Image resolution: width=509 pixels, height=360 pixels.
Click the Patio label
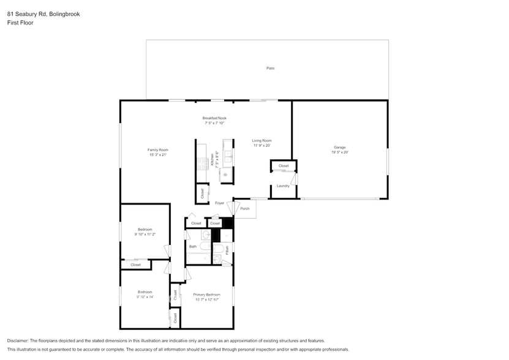click(x=270, y=68)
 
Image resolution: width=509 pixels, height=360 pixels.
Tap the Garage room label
click(x=339, y=147)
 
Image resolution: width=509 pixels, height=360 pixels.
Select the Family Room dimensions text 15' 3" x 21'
click(x=157, y=155)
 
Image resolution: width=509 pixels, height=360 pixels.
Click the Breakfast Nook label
click(x=214, y=118)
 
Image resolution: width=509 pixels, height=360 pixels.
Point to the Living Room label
click(x=262, y=140)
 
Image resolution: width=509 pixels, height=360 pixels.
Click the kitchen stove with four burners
click(x=203, y=163)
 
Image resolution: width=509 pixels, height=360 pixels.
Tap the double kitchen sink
click(x=228, y=158)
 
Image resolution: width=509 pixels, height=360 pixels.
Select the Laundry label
click(x=283, y=186)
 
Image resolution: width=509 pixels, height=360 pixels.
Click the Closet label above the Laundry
click(x=284, y=166)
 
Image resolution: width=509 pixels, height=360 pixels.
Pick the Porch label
click(x=244, y=209)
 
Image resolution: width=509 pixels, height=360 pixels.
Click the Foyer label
click(x=219, y=203)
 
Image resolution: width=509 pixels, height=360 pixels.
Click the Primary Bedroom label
click(x=207, y=294)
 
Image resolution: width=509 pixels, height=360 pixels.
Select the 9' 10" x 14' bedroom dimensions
click(x=145, y=297)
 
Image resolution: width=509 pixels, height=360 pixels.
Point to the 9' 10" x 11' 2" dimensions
click(x=145, y=234)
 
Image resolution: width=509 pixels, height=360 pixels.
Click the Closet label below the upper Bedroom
click(x=135, y=264)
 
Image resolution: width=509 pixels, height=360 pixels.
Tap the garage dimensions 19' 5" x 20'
click(x=339, y=152)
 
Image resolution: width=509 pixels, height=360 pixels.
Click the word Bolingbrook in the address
click(x=65, y=13)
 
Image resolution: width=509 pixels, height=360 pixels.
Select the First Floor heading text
click(x=20, y=23)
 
